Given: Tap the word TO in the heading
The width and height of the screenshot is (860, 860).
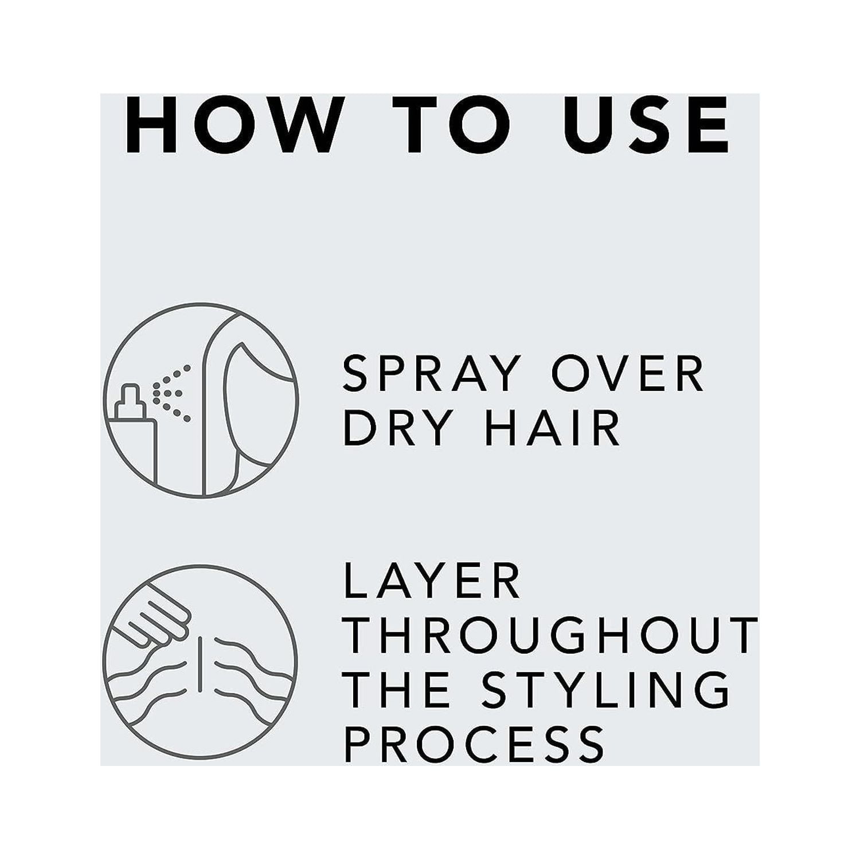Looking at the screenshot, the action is [x=459, y=125].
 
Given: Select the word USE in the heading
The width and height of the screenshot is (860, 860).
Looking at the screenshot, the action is [x=646, y=125].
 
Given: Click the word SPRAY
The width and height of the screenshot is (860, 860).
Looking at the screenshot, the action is [x=432, y=373].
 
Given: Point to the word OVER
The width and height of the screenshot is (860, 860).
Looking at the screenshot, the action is [x=627, y=373].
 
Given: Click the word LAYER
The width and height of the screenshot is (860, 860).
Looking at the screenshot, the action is [x=433, y=581].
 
